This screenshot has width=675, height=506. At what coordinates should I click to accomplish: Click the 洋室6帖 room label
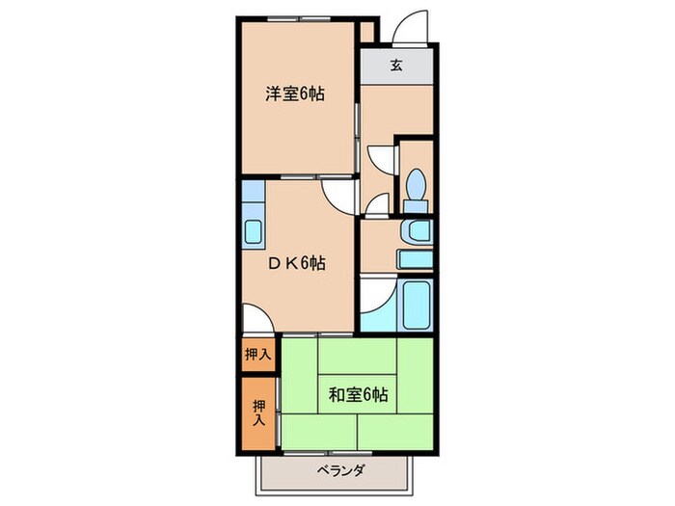pos(294,94)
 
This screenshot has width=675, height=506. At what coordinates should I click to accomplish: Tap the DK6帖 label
pos(294,263)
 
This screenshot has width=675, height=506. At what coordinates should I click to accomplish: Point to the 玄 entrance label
pos(395,66)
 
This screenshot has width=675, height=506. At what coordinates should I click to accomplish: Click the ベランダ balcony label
pos(339,470)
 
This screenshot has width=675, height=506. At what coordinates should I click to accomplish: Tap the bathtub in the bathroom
pos(417,305)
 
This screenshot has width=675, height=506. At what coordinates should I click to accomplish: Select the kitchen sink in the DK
pos(254,232)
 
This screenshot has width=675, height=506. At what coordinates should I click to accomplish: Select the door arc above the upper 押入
pos(255,319)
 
